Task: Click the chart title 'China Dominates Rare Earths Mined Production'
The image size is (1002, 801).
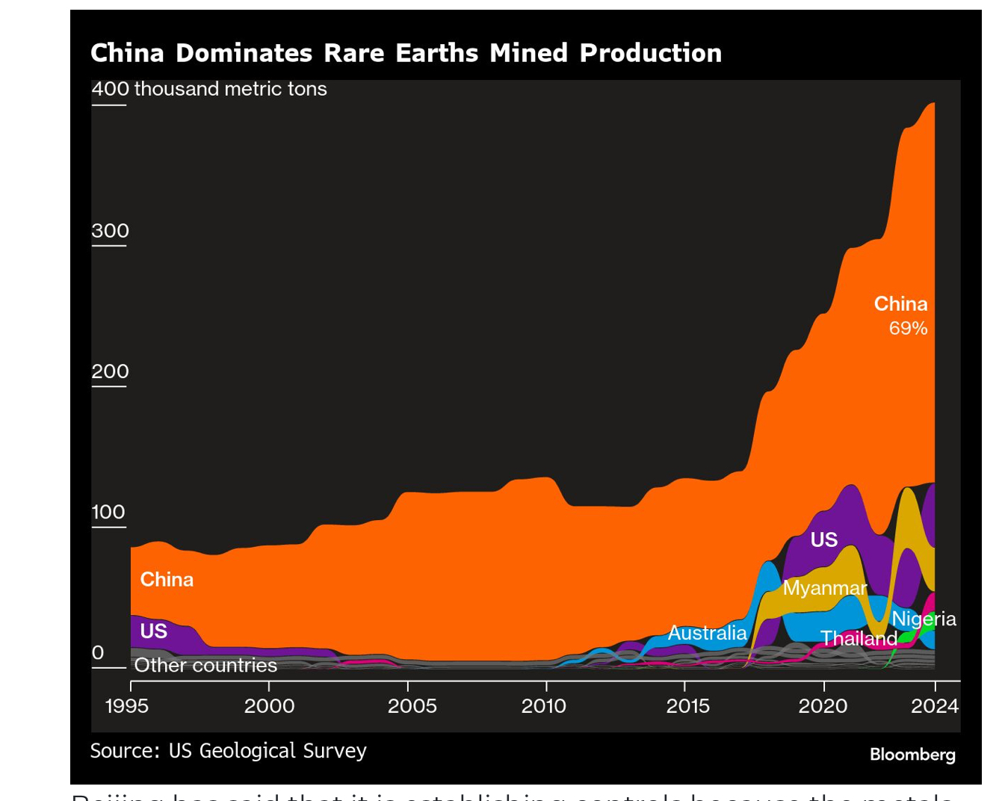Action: click(406, 53)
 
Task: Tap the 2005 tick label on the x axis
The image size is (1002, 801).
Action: click(412, 705)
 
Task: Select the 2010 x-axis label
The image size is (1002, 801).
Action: click(543, 705)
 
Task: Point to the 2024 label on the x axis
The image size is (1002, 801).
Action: click(934, 705)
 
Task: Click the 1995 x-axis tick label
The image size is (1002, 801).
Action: click(127, 705)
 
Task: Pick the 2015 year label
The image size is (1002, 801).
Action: click(687, 705)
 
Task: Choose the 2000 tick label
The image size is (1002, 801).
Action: click(270, 705)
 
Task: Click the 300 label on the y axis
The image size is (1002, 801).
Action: click(110, 231)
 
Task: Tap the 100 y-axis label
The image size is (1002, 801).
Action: click(108, 512)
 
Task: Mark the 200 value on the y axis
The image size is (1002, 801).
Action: click(110, 371)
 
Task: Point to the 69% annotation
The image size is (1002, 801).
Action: click(908, 328)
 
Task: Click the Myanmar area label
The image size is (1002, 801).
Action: click(825, 588)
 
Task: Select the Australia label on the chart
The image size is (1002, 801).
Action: click(707, 633)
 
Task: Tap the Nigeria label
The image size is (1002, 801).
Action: click(924, 619)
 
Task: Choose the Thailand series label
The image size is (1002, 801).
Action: click(859, 638)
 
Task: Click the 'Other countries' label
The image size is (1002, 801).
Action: click(205, 665)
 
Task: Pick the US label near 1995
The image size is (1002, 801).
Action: click(154, 631)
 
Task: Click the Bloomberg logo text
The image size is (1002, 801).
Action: click(912, 754)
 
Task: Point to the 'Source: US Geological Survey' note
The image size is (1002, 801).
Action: click(229, 750)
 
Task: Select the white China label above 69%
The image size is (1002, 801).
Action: click(900, 304)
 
